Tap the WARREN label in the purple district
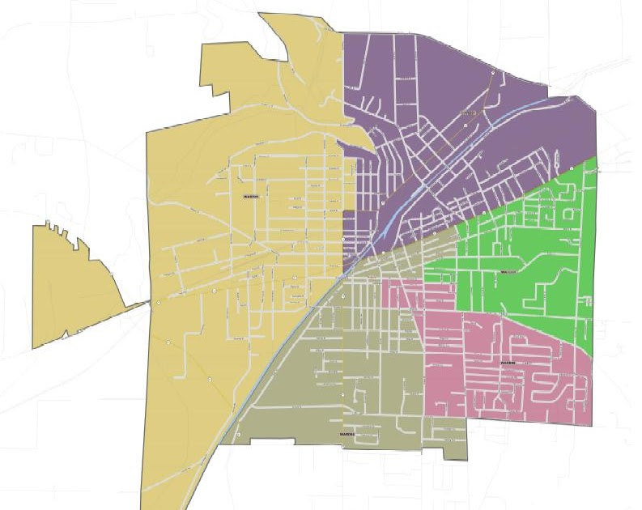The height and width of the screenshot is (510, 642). click(467, 113)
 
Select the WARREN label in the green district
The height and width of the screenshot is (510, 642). click(508, 273)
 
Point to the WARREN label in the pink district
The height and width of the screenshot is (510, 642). click(508, 363)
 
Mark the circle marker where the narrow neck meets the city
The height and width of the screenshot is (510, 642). click(159, 303)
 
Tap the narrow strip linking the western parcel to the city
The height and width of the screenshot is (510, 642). click(138, 305)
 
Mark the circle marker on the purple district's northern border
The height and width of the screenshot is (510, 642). click(493, 71)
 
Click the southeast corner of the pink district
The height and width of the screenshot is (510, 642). click(593, 425)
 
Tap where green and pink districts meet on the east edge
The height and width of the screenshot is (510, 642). click(594, 355)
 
